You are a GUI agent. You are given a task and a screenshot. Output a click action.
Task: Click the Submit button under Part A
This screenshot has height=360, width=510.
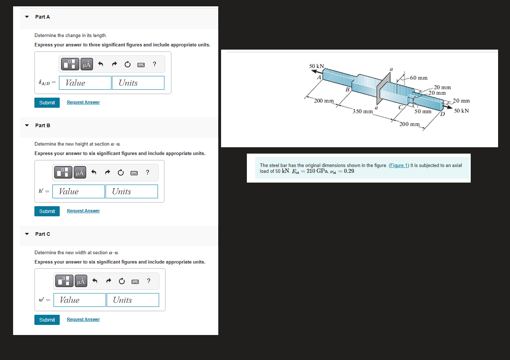click(x=47, y=102)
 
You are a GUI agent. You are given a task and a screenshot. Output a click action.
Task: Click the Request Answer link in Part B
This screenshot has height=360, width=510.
click(x=83, y=211)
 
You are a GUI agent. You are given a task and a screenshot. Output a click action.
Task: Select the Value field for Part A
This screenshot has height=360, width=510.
click(x=85, y=83)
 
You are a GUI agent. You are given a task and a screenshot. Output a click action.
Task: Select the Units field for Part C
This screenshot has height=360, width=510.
click(x=133, y=300)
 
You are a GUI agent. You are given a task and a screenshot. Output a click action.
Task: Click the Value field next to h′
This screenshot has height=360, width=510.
click(x=81, y=191)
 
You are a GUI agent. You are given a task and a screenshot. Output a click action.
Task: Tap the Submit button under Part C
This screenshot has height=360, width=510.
click(x=47, y=320)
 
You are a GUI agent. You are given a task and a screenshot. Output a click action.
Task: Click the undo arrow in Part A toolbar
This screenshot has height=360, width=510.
click(x=101, y=64)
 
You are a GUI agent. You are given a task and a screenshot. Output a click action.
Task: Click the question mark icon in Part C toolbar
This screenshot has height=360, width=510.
click(x=148, y=281)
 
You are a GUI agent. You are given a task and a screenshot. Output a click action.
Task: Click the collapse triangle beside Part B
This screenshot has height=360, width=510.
click(x=27, y=125)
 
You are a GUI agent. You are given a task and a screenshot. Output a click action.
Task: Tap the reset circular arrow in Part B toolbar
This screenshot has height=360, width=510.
click(x=121, y=173)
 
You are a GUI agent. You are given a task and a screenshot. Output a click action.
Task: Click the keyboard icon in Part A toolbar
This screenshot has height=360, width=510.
click(x=140, y=64)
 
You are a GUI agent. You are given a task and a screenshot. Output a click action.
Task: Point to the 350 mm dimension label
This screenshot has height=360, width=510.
click(x=362, y=112)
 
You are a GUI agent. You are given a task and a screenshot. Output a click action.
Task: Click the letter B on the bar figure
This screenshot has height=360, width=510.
click(x=347, y=89)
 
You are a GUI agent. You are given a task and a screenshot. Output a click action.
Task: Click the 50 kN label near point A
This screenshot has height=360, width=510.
click(x=316, y=66)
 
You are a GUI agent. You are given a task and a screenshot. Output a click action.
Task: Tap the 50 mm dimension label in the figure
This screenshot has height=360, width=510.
click(x=423, y=112)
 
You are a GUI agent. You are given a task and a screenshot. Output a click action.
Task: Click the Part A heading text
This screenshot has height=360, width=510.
click(x=42, y=17)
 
